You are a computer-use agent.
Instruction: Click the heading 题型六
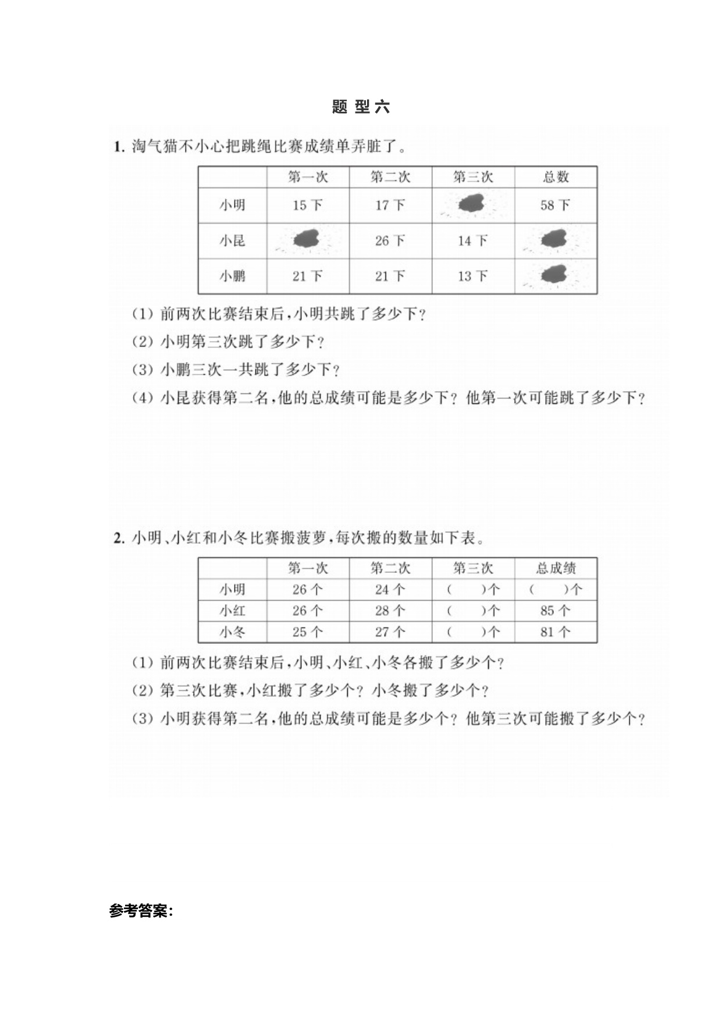point(361,107)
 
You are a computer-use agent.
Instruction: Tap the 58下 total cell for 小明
point(555,205)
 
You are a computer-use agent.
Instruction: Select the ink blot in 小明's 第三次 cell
point(472,204)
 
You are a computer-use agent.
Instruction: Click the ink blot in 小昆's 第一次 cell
point(307,239)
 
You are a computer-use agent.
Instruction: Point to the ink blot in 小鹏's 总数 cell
point(554,275)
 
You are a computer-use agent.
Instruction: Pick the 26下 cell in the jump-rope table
point(390,240)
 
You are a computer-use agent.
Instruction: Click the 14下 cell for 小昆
point(472,240)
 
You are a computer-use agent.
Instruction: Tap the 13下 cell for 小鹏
point(472,276)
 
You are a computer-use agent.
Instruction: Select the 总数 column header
point(556,177)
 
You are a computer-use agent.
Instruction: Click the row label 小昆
point(232,240)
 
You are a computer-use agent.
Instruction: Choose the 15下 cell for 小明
point(307,205)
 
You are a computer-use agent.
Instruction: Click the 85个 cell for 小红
point(555,611)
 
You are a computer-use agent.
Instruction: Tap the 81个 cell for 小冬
point(555,632)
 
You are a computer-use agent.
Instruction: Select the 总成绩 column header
point(556,568)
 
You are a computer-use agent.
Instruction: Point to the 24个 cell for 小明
point(390,590)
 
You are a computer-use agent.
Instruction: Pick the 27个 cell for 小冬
point(390,632)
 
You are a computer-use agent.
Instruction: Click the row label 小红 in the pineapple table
point(232,611)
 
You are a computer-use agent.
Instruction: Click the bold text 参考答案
point(141,911)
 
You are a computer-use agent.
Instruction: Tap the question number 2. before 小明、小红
point(119,538)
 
